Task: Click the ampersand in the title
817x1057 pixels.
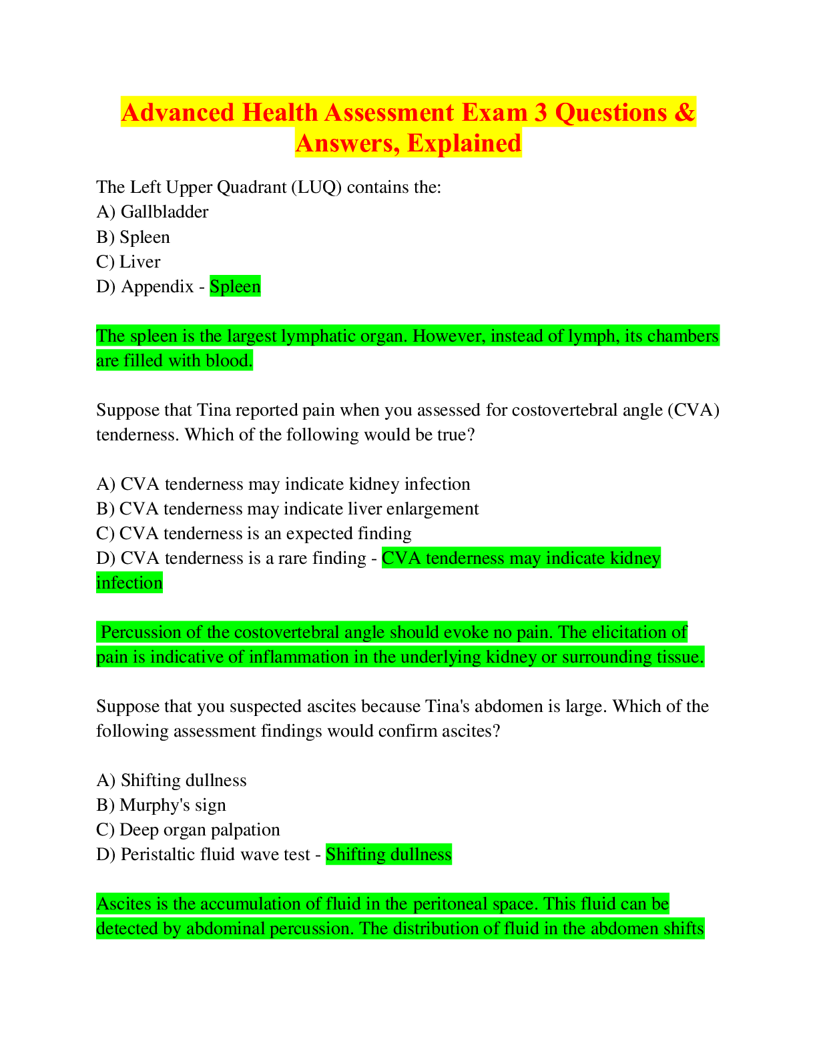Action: pos(684,112)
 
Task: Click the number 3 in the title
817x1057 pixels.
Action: pos(541,112)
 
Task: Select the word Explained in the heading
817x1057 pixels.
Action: pos(464,143)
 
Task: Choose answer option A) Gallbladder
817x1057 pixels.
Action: pos(152,212)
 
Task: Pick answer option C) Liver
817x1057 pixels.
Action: pos(128,262)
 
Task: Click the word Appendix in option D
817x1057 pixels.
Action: pos(157,286)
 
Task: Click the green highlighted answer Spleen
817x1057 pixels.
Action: pos(235,286)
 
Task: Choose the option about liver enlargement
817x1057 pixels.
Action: pos(288,508)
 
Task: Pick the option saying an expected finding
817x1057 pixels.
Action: pos(254,534)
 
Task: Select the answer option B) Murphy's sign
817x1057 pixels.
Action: pos(161,805)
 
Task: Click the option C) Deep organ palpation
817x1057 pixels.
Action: pos(188,830)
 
